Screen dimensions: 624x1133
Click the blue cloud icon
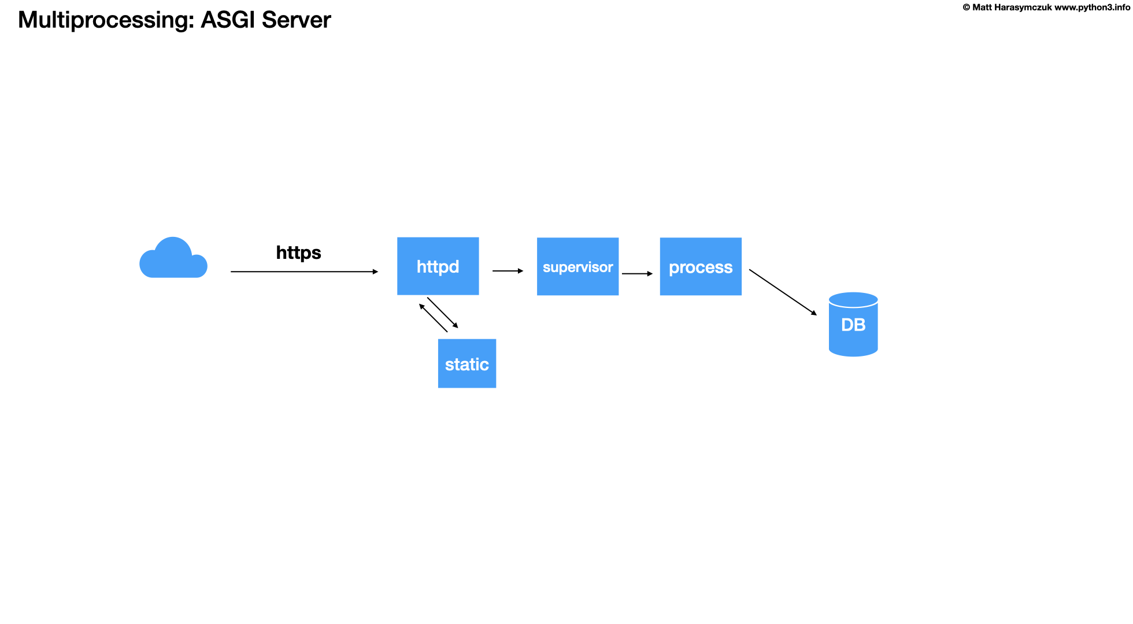(x=173, y=260)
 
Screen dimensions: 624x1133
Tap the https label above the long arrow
(x=298, y=252)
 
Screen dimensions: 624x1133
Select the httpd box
(x=438, y=266)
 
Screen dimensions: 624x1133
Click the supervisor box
(x=577, y=267)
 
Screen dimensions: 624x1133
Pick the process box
(x=701, y=267)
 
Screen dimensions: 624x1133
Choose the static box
(x=466, y=363)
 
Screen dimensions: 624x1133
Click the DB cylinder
(x=853, y=325)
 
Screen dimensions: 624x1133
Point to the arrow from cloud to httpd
(x=303, y=272)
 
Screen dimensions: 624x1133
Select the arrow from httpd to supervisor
(x=507, y=270)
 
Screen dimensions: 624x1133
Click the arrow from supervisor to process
(x=636, y=273)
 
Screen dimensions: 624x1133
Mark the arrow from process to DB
(x=782, y=292)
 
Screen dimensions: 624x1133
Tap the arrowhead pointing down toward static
(x=456, y=325)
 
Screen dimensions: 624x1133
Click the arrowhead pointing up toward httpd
(x=422, y=307)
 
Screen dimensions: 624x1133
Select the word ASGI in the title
(x=228, y=20)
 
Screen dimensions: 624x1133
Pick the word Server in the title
(x=296, y=20)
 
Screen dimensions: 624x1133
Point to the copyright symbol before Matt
(x=966, y=8)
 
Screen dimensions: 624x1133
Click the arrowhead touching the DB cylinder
(x=814, y=313)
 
